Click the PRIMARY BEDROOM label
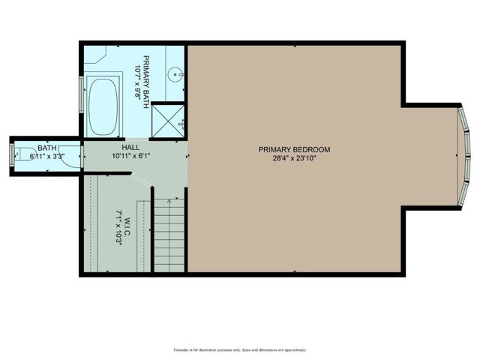click(294, 149)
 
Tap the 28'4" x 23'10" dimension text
click(294, 159)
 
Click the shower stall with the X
click(169, 120)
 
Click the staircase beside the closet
click(169, 234)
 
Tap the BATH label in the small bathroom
click(46, 148)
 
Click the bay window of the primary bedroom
click(464, 154)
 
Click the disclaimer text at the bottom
click(240, 349)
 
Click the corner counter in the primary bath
click(98, 56)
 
